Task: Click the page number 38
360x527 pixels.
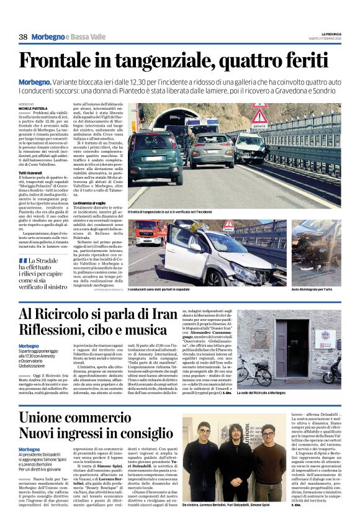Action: [23, 37]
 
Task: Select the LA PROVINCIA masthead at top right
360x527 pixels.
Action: [331, 34]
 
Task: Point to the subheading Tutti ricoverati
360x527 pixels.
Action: [31, 172]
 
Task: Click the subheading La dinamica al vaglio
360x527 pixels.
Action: [89, 203]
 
